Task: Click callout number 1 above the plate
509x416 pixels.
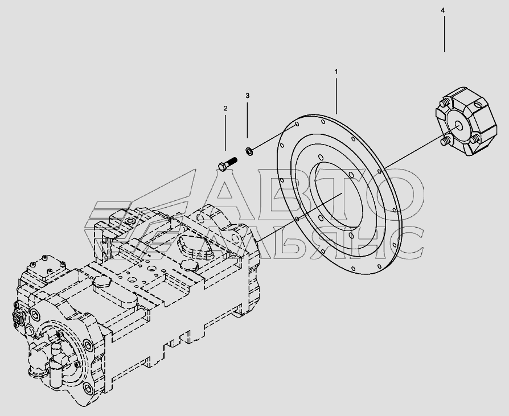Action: [336, 71]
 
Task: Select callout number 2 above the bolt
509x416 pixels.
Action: [225, 108]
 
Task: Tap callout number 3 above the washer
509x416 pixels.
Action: [247, 96]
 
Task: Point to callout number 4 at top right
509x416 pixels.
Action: [443, 10]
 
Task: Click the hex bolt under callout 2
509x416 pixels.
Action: [228, 164]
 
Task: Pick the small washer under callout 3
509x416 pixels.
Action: [249, 151]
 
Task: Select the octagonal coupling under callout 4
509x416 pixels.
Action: [466, 121]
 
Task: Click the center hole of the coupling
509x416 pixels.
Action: [459, 126]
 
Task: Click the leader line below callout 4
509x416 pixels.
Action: [444, 34]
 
